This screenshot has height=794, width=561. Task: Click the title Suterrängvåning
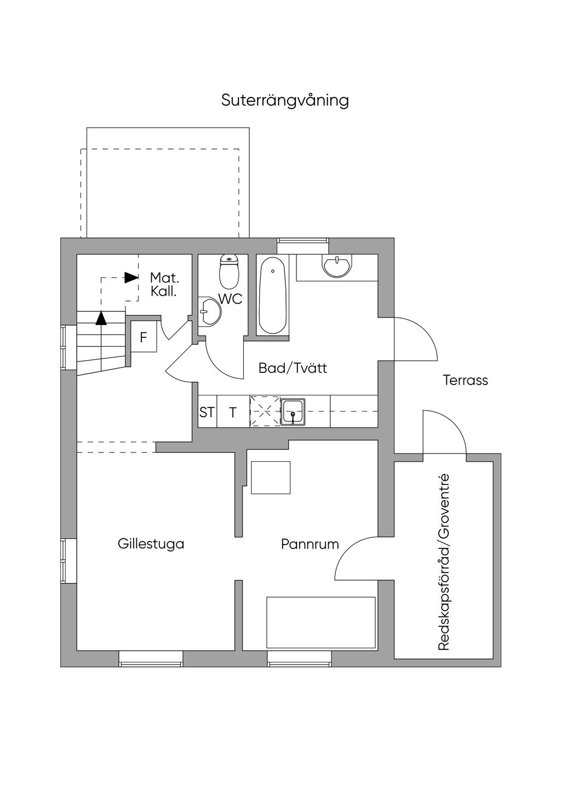[285, 101]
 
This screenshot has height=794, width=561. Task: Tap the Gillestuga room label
[151, 544]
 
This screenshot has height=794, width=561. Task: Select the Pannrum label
[310, 544]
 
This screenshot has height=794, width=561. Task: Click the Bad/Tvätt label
[293, 368]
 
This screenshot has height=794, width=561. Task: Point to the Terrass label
[465, 380]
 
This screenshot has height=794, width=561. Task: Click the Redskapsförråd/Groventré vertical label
[444, 562]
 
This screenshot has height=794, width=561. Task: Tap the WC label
[230, 299]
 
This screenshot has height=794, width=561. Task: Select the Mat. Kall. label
[164, 285]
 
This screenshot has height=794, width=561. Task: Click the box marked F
[144, 337]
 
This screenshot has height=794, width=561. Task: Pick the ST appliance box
[207, 412]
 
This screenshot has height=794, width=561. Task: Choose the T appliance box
[233, 412]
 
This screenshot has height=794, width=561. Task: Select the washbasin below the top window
[337, 265]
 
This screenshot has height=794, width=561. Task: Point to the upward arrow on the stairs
[101, 318]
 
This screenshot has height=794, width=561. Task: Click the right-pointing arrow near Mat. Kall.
[131, 277]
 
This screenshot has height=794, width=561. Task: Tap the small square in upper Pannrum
[271, 478]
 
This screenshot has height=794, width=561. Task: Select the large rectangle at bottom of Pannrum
[321, 623]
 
